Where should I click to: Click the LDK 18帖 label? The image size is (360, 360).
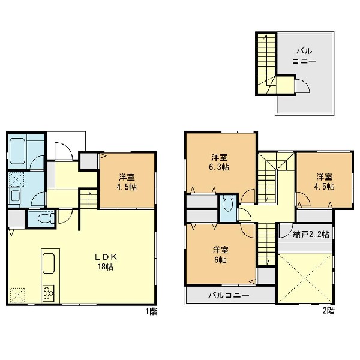[x=106, y=262]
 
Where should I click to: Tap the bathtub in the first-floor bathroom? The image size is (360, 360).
[x=17, y=151]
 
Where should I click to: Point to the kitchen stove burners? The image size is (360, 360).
[x=48, y=293]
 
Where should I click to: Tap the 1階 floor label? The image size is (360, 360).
[x=152, y=311]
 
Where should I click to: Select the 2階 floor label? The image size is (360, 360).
[x=328, y=311]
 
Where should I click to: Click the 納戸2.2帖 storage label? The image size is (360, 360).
[x=311, y=235]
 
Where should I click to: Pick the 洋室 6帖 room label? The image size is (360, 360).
[x=220, y=254]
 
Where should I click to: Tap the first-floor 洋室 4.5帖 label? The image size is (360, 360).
[x=127, y=182]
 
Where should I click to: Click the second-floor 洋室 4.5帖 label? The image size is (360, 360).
[x=324, y=182]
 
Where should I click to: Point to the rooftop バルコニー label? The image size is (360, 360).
[x=304, y=56]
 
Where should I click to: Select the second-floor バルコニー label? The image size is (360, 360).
[x=229, y=295]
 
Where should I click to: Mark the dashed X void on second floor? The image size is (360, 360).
[x=305, y=278]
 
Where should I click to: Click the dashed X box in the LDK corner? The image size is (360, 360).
[x=17, y=295]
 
